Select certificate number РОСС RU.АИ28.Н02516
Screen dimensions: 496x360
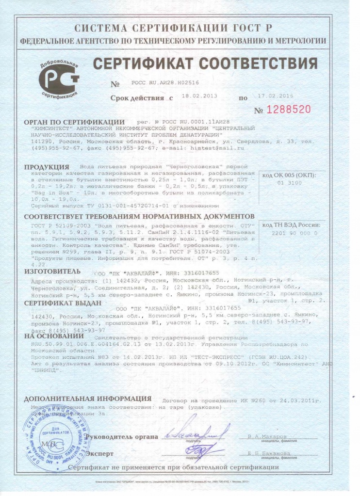tap(164, 83)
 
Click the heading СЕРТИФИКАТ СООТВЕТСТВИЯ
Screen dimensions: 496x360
tap(205, 64)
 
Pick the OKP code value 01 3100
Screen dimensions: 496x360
tap(289, 183)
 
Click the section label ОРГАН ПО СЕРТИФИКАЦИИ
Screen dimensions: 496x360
tap(74, 121)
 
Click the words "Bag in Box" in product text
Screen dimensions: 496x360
tap(48, 192)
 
